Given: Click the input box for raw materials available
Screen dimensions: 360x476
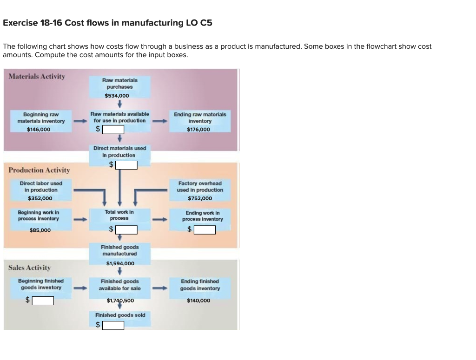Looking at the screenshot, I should click(x=113, y=129).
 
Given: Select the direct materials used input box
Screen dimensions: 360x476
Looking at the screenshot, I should click(x=126, y=165).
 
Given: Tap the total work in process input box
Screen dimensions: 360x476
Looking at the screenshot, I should click(x=126, y=229).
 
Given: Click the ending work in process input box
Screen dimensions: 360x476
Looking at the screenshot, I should click(x=205, y=229).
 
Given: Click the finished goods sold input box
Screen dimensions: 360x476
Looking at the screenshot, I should click(x=113, y=325).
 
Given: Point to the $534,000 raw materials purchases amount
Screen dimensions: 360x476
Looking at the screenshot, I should click(x=117, y=96).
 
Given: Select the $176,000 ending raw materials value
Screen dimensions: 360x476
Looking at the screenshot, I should click(x=198, y=130).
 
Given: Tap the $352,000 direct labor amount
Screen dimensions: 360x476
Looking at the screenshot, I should click(x=40, y=198).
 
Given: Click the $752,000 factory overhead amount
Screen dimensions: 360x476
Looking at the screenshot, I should click(x=200, y=198).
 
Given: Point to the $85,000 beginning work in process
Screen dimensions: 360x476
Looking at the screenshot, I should click(x=40, y=230).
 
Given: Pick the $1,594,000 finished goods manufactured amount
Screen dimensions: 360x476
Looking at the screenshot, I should click(x=120, y=263).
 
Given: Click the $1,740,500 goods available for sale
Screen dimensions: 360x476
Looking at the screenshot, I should click(x=120, y=301).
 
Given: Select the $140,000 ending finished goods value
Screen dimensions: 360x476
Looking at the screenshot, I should click(x=198, y=301).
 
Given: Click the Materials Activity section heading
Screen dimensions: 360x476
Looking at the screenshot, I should click(x=37, y=76).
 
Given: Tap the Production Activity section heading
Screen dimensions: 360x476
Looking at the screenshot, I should click(x=39, y=170).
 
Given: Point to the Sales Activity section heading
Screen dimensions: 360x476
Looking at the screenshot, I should click(x=30, y=268).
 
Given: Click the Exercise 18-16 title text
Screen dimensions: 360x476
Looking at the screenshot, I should click(x=107, y=23).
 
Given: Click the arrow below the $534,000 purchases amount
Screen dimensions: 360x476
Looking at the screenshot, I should click(x=120, y=104).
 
